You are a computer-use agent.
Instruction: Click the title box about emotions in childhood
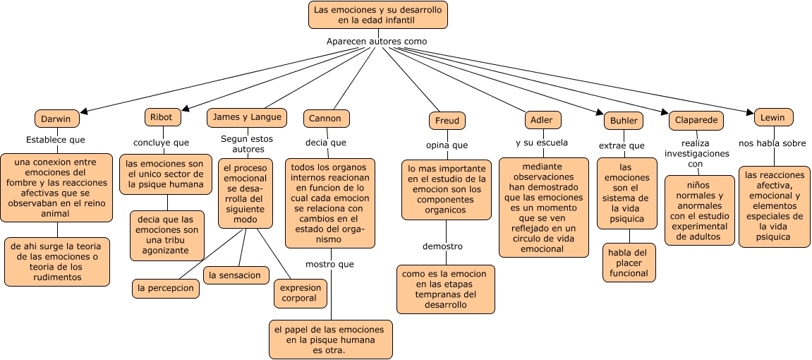pos(378,15)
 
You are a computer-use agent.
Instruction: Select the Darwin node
pos(56,119)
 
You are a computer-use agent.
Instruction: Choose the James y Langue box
pos(246,116)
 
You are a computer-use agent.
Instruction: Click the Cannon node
pos(326,119)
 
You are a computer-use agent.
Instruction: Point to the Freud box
pos(447,121)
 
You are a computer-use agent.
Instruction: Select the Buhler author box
pos(623,121)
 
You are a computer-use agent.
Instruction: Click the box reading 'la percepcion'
pos(165,288)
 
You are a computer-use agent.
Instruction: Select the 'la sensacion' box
pos(235,275)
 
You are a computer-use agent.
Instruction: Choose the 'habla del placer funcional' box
pos(629,263)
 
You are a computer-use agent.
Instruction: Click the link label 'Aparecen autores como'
pos(377,41)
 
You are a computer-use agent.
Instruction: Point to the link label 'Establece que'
pos(56,140)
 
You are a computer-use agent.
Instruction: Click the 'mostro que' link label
pos(329,264)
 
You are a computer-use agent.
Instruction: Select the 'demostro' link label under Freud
pos(442,246)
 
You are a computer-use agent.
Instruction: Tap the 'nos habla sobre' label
pos(772,143)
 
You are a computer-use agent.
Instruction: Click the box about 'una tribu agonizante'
pos(167,235)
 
